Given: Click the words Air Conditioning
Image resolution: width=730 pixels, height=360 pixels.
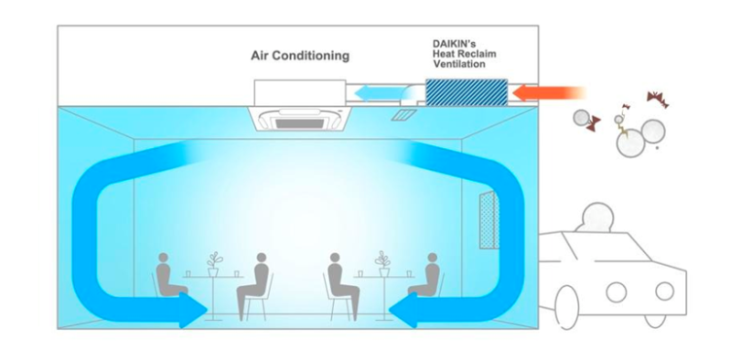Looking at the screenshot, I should tap(300, 55).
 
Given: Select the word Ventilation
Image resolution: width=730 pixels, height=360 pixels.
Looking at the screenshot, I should tap(459, 64).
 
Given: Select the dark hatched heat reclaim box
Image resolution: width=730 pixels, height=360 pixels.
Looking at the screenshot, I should tap(466, 92).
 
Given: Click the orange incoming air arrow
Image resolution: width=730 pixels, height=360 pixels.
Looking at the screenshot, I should tap(550, 93).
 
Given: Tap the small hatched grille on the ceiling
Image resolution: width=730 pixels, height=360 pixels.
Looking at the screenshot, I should tap(403, 115).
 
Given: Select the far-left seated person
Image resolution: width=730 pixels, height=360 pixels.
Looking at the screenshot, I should tap(169, 277).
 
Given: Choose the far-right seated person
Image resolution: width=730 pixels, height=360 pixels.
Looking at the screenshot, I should tap(426, 276).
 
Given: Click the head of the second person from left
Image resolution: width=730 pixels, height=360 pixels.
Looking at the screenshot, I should tap(261, 260).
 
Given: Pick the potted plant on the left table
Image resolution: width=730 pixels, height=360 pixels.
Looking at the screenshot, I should tap(214, 263).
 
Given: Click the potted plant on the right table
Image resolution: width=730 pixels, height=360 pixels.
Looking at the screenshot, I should tap(383, 263).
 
